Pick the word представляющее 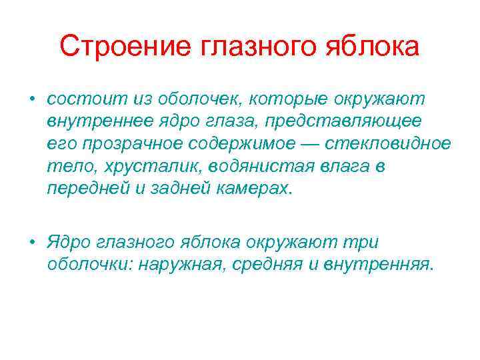pos(345,122)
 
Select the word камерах pos(254,188)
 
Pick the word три pos(364,243)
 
